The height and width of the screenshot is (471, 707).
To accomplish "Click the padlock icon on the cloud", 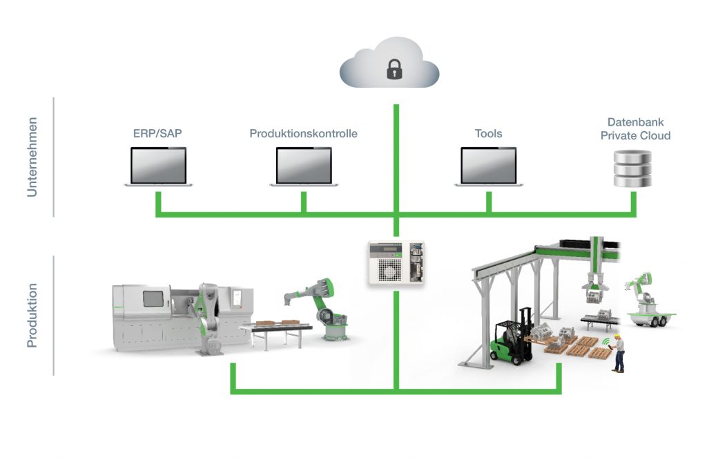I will [x=394, y=68].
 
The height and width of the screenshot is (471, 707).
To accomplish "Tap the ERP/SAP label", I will [x=157, y=133].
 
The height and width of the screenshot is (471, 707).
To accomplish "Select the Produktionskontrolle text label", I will [x=304, y=133].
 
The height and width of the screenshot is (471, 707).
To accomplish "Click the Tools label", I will [x=488, y=133].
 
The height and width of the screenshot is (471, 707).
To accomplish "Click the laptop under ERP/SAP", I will [x=158, y=166].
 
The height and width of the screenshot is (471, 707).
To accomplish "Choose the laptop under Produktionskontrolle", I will [x=304, y=166].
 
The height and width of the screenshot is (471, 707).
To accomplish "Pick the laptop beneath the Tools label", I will [x=488, y=166].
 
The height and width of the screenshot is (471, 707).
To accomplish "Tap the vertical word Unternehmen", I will [x=32, y=157].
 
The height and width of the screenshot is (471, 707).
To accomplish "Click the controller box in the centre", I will [x=396, y=262].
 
